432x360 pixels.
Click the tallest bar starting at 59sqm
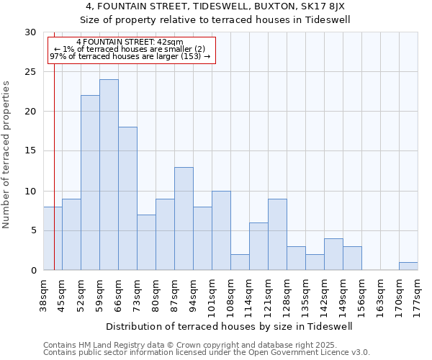coord(109,175)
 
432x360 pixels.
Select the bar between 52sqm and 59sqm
coord(90,183)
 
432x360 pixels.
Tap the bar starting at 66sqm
coord(127,199)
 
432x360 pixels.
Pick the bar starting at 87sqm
coord(184,219)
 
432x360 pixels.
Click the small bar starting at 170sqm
coord(408,266)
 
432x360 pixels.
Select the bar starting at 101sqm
coord(221,230)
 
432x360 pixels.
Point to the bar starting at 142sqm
coord(333,254)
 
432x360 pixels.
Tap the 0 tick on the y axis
coord(33,270)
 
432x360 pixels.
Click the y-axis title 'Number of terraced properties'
coord(7,154)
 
